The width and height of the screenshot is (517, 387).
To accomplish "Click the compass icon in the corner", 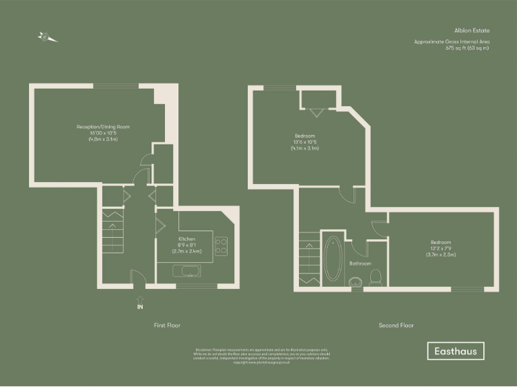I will point(48,38).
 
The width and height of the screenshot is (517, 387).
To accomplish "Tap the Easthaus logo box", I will point(456,351).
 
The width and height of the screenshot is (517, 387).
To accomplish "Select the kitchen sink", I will point(184,271).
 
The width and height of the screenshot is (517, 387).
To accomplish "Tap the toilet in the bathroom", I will point(378,276).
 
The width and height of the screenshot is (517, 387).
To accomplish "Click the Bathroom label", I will point(360,264).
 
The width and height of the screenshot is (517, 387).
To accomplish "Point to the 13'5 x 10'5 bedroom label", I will point(304,142).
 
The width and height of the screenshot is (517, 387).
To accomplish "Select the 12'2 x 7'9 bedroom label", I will point(441,248).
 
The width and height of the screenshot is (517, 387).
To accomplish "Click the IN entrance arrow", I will point(140,302).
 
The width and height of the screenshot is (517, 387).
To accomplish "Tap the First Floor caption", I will point(167,325).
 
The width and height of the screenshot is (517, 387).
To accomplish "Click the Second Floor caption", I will point(395,325).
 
